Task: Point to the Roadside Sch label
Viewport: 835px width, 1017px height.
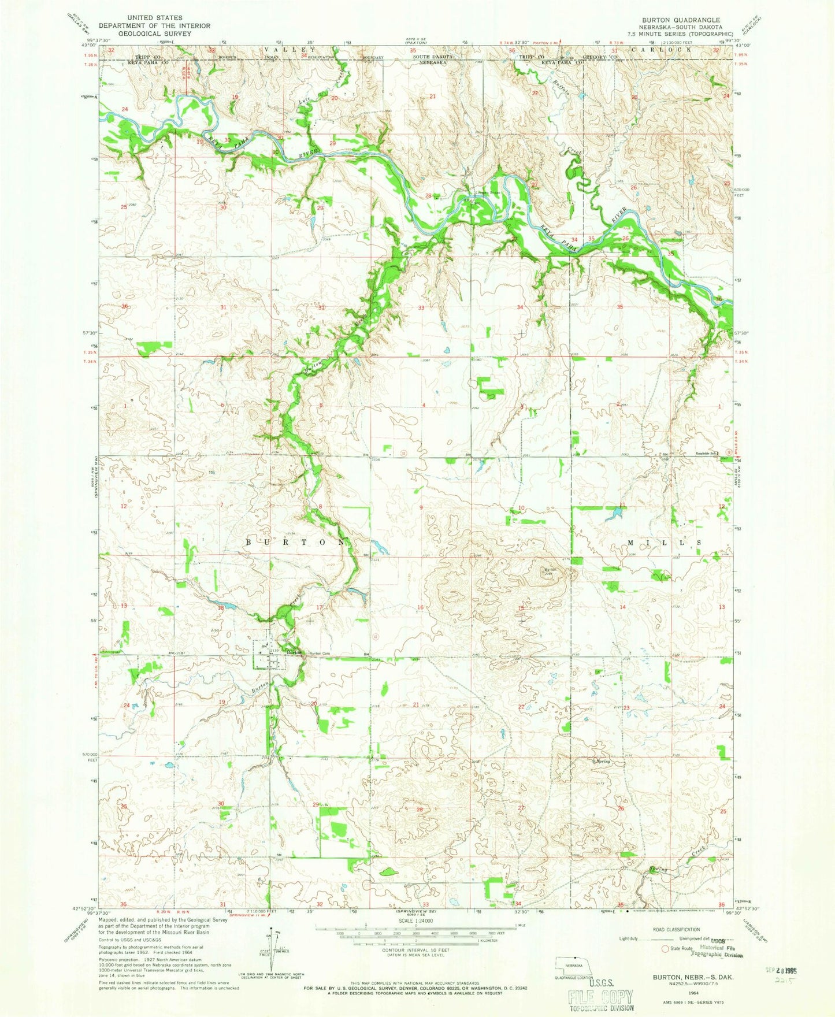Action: (691, 454)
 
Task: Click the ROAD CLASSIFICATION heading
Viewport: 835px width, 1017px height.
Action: (678, 930)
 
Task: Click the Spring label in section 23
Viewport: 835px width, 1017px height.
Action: (603, 761)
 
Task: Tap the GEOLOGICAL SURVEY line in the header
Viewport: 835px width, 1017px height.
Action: (154, 34)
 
